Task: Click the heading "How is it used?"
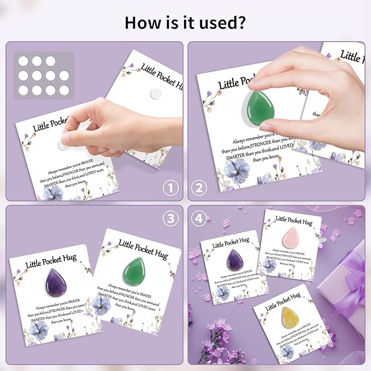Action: click(x=185, y=22)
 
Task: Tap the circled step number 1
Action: click(x=171, y=189)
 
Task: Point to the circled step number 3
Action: click(x=171, y=218)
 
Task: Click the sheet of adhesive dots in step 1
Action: click(x=43, y=75)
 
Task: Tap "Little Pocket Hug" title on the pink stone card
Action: click(x=296, y=219)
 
